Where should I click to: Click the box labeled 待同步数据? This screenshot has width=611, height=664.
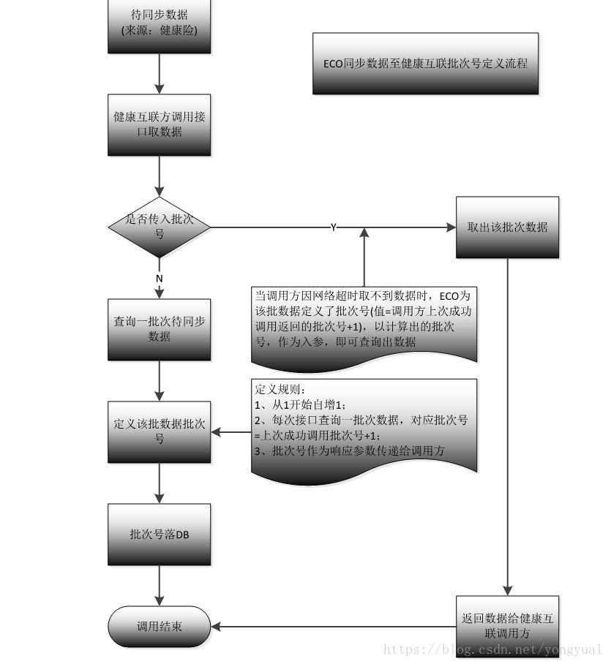(159, 26)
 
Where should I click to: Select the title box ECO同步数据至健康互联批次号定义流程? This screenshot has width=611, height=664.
(425, 64)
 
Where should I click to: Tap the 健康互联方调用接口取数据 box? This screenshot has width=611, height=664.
(159, 124)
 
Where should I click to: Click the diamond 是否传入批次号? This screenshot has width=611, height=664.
(159, 226)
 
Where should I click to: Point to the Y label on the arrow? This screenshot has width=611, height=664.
(333, 227)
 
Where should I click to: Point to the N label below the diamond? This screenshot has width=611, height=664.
(159, 279)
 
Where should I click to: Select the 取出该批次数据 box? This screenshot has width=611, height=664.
(507, 227)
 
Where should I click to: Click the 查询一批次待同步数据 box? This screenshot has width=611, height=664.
(159, 329)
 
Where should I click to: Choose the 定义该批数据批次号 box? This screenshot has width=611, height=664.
(159, 431)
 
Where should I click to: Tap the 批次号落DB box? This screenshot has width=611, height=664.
(159, 534)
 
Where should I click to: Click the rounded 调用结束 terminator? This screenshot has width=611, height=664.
(159, 626)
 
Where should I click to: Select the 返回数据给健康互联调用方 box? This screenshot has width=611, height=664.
(507, 626)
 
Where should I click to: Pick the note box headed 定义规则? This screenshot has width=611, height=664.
(364, 428)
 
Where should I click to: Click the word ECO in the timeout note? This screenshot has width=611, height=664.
(449, 296)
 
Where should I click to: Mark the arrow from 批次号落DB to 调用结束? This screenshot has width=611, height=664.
(159, 585)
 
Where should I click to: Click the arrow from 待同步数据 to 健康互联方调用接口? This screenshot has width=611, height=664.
(159, 73)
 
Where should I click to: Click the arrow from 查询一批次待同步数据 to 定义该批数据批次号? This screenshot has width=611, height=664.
(159, 380)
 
